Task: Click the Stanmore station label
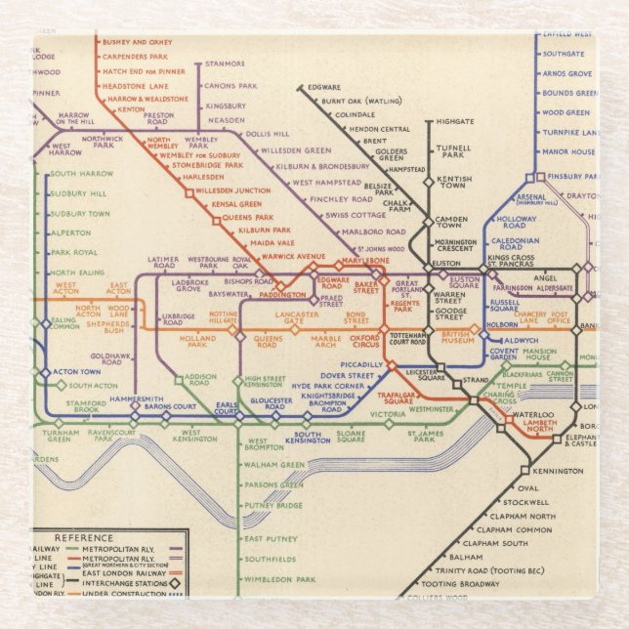(x=226, y=64)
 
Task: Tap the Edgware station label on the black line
(x=323, y=87)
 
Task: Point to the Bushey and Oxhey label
(x=137, y=43)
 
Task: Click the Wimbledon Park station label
(x=279, y=579)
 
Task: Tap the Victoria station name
(x=388, y=414)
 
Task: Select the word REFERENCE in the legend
(x=84, y=538)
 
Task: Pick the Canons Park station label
(x=229, y=85)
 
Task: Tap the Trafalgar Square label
(x=410, y=398)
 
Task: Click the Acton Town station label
(x=77, y=372)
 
